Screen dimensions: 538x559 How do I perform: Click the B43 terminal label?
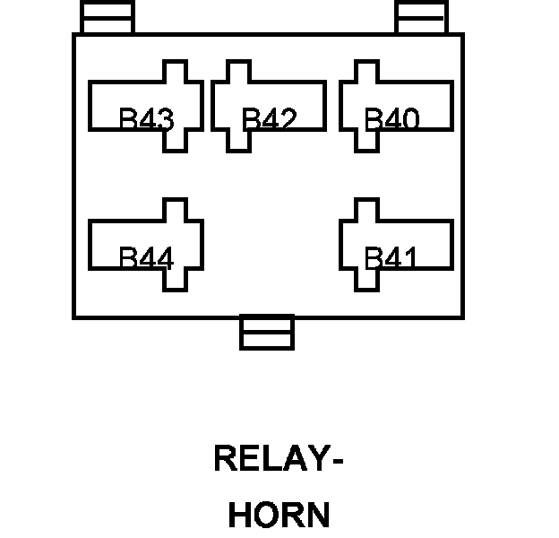(146, 119)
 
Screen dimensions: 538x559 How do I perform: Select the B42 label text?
(269, 119)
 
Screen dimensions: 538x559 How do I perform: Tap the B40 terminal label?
(391, 119)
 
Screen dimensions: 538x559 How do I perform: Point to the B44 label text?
(146, 258)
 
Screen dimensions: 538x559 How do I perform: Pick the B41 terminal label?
(391, 258)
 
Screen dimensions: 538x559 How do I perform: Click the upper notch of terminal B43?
(175, 71)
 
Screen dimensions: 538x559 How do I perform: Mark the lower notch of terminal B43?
(175, 141)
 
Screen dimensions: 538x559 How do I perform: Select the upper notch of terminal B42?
(237, 71)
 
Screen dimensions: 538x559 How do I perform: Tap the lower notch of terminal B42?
(237, 141)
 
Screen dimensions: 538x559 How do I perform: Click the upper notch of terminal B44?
(175, 210)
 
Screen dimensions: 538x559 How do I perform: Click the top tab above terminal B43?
(107, 17)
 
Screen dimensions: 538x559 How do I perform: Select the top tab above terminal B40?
(421, 17)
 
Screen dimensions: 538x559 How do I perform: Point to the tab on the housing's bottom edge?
(267, 333)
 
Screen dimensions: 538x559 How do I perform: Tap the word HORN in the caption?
(279, 516)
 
